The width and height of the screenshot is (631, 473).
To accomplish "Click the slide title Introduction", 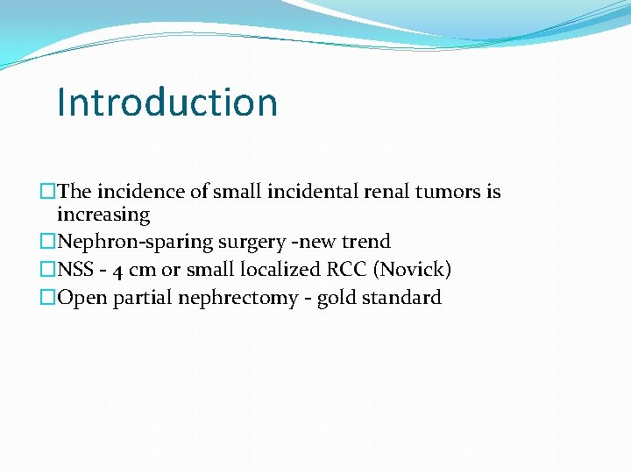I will point(167,102).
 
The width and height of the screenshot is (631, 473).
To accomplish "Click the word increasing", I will point(103,215).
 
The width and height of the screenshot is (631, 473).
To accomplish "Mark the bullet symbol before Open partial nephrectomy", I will point(48,298).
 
